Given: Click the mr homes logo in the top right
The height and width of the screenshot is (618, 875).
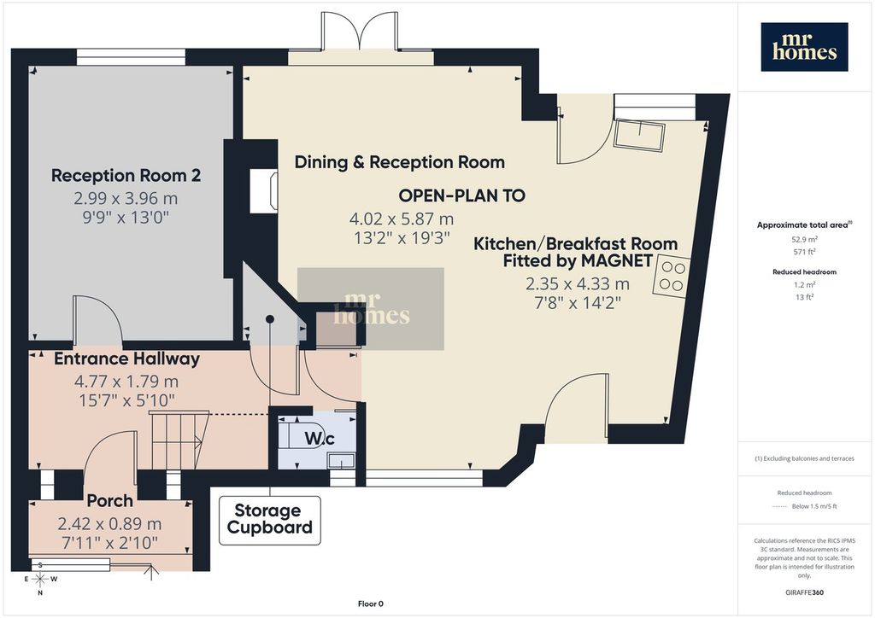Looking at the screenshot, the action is (x=804, y=47).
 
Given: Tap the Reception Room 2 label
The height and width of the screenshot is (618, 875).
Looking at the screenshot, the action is (x=126, y=176).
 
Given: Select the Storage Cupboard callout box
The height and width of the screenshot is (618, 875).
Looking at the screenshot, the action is (x=269, y=520).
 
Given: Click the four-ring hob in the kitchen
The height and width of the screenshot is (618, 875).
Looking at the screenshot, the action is (x=672, y=277).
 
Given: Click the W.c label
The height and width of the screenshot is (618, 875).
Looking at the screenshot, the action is (x=320, y=439).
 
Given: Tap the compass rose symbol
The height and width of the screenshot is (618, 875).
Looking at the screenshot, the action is (x=40, y=579).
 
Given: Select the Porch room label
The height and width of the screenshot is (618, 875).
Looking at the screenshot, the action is (x=110, y=501).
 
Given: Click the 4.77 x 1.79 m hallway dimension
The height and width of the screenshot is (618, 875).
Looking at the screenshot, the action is (x=126, y=382).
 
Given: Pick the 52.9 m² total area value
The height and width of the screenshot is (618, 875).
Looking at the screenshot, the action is (x=804, y=240).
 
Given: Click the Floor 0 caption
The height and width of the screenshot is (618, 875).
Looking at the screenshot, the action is (x=371, y=603).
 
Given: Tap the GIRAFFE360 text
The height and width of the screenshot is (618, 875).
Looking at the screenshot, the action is (x=804, y=592).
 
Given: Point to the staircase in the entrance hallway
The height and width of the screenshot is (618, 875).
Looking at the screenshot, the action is (x=179, y=439).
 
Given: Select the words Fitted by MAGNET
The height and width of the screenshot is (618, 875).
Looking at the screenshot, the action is (x=578, y=261).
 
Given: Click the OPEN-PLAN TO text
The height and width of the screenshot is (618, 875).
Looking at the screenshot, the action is (x=462, y=195).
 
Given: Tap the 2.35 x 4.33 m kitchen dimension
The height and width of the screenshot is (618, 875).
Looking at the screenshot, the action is (x=578, y=284).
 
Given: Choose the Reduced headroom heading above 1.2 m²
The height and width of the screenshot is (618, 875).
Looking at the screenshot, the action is (x=804, y=272).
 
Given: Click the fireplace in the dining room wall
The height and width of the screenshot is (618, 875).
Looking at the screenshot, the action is (x=263, y=190).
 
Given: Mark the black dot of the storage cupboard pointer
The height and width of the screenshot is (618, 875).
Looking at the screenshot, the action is (x=270, y=319).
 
